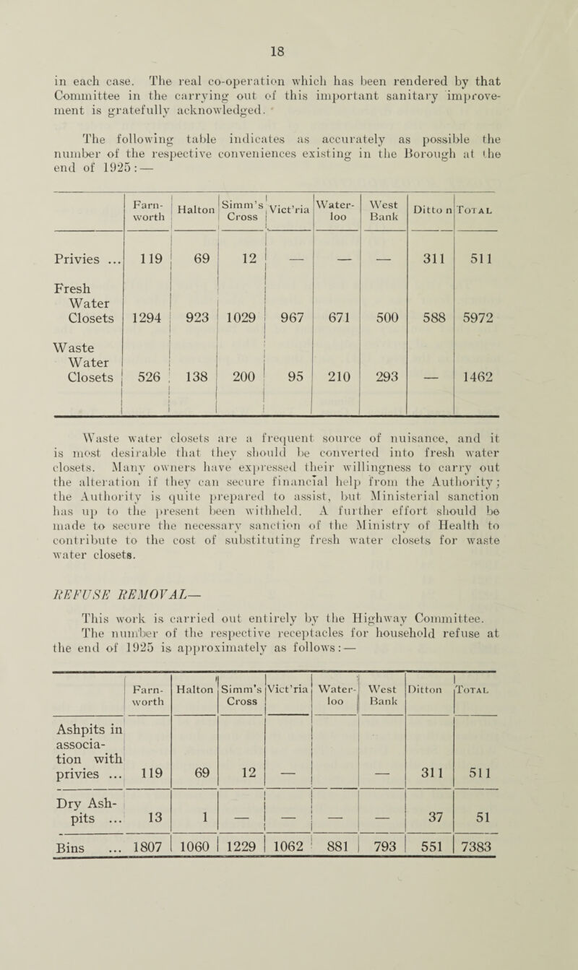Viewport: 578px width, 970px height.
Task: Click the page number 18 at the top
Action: (295, 33)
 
